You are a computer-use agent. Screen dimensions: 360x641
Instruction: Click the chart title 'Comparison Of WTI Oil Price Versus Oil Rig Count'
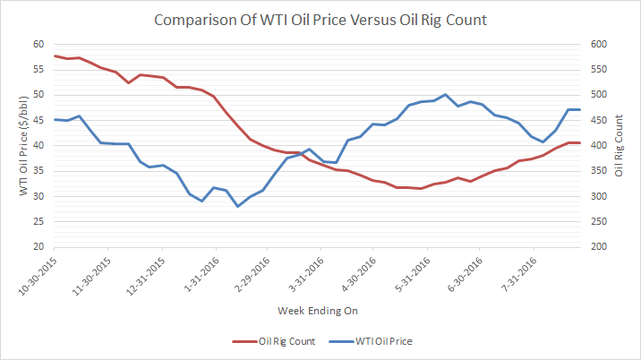(320, 19)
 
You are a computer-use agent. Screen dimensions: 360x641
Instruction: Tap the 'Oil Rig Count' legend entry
(286, 340)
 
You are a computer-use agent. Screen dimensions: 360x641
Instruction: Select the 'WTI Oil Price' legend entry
(383, 340)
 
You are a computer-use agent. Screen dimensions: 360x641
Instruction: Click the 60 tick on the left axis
(38, 45)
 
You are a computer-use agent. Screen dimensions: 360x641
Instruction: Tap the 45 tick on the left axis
(38, 120)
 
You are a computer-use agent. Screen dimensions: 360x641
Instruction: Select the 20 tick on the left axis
(38, 247)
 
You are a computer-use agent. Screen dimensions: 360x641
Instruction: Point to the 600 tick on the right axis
(598, 45)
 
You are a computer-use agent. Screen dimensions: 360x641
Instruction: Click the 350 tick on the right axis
(598, 171)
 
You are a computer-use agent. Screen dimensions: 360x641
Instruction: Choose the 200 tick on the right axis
(598, 247)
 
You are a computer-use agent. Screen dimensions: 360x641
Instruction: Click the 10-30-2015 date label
(36, 276)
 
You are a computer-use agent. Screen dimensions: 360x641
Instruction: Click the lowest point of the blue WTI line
(238, 207)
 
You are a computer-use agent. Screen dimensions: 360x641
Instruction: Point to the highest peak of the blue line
(445, 94)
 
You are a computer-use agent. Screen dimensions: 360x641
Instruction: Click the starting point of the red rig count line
(55, 56)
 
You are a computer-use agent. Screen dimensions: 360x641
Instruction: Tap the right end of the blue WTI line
(580, 109)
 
